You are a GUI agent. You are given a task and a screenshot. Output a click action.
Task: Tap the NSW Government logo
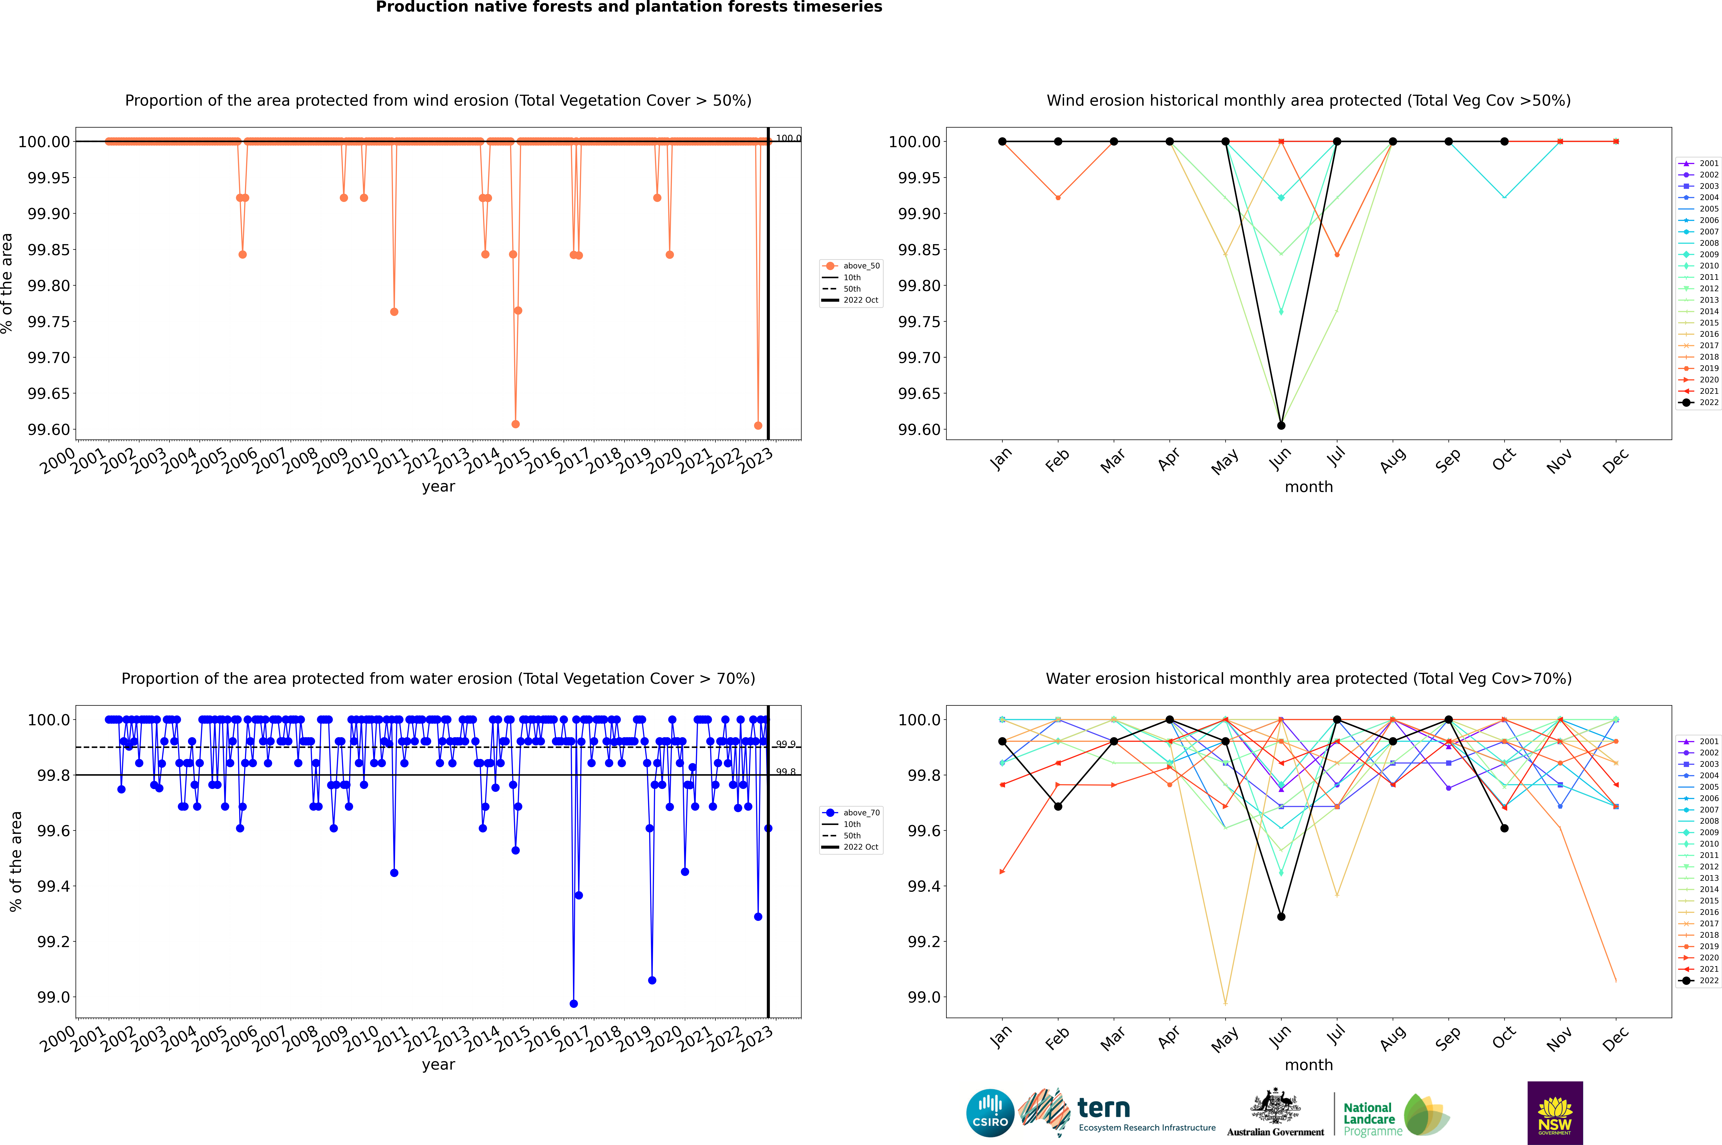[x=1555, y=1113]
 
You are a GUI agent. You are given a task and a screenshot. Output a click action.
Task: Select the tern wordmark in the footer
[x=1104, y=1109]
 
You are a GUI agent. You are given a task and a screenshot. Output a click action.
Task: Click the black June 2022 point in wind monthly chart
[x=1281, y=425]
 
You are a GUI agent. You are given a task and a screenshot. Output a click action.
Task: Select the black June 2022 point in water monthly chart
[x=1281, y=916]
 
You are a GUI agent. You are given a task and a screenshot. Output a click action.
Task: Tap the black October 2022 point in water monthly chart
[x=1504, y=828]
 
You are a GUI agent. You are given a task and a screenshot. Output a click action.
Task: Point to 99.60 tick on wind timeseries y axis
[x=49, y=429]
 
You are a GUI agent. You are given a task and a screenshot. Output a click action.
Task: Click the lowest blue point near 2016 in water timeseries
[x=574, y=1003]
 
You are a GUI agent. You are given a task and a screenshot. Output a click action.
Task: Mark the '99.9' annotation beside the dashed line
[x=785, y=744]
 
